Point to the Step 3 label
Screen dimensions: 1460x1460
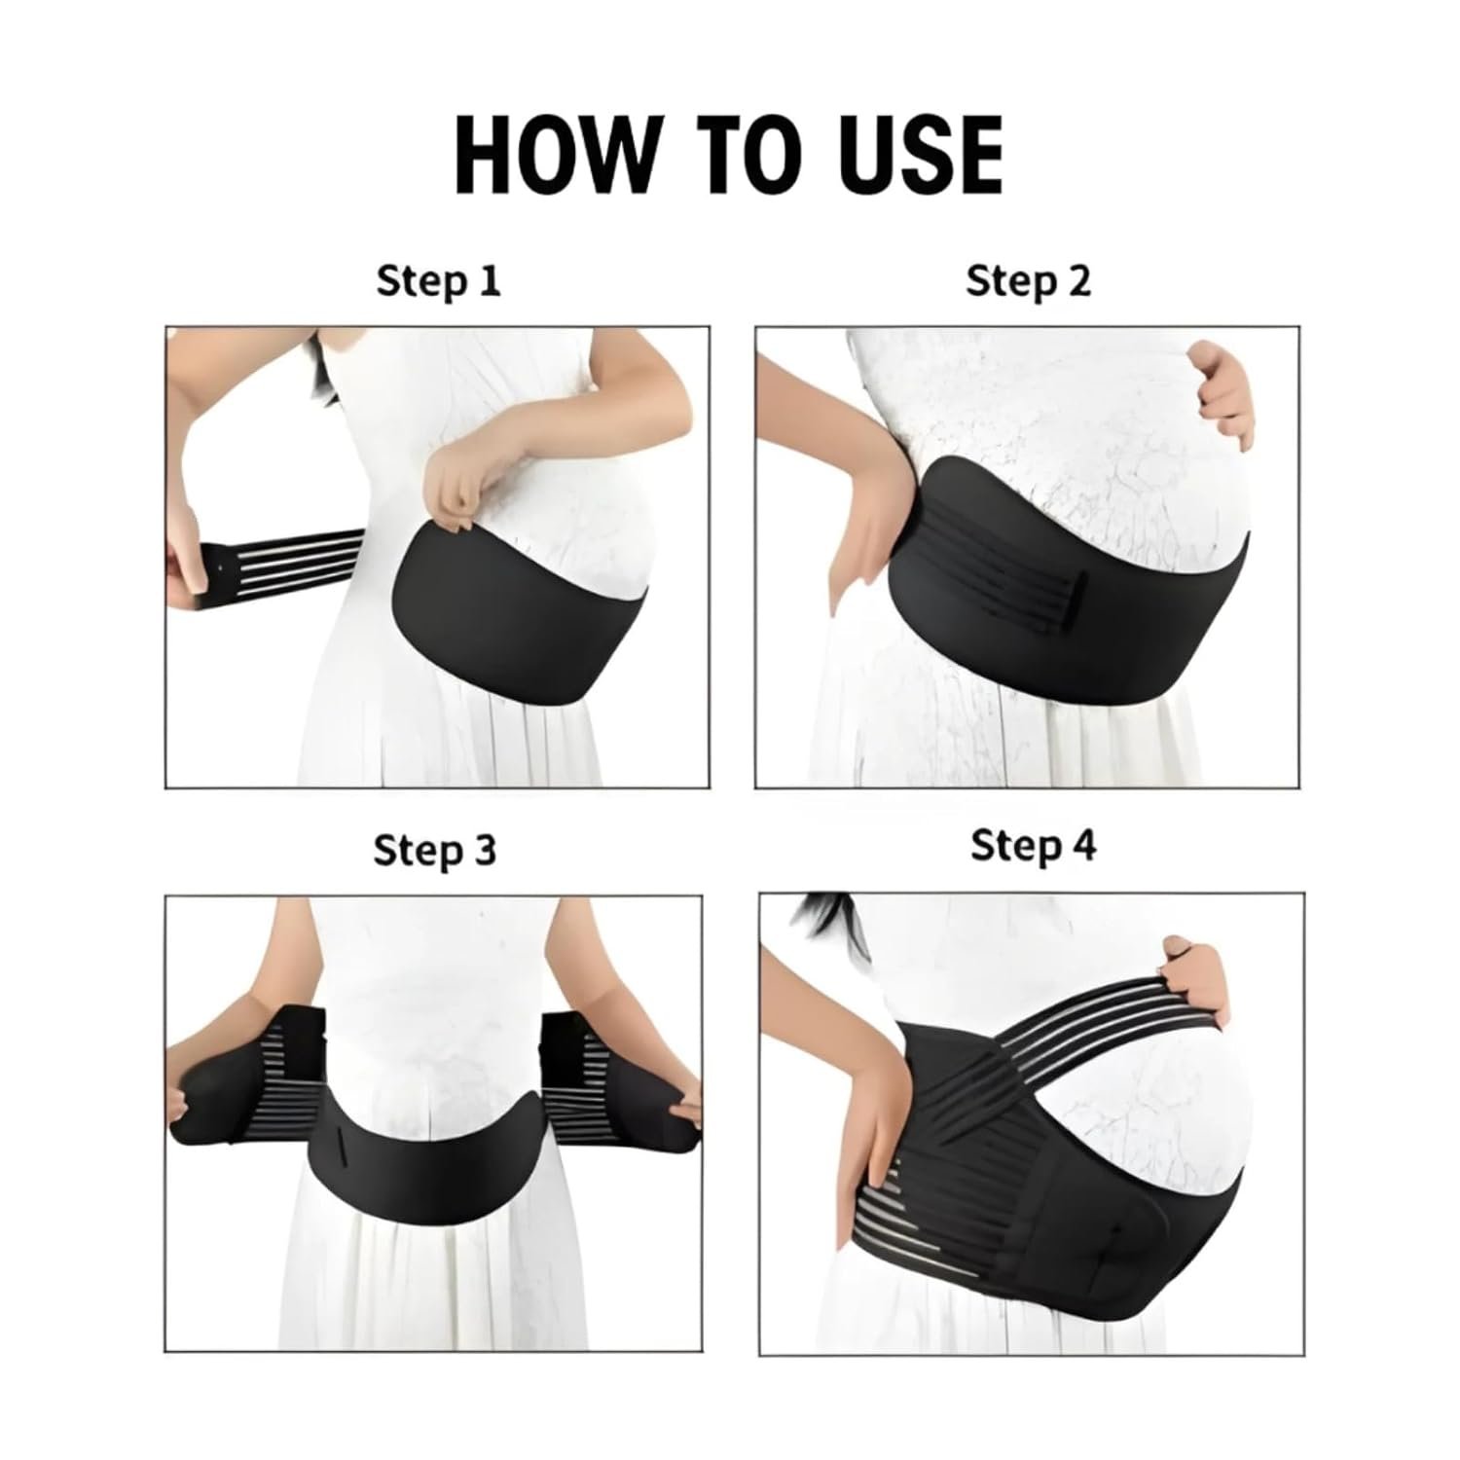(x=434, y=850)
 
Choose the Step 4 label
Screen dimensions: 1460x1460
(x=1033, y=845)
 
